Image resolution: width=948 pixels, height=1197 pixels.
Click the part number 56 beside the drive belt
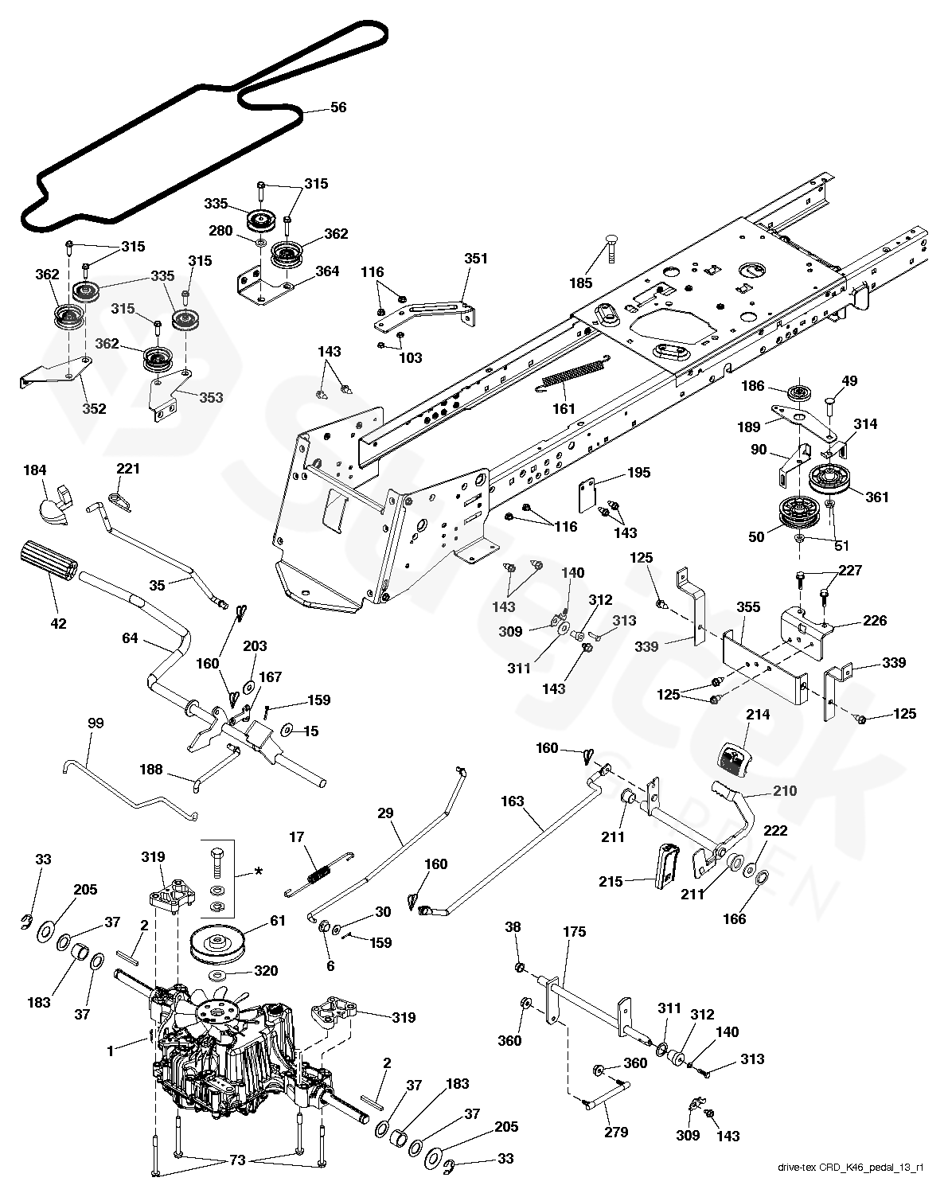click(338, 107)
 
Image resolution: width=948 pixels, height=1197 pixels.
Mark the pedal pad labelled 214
click(734, 756)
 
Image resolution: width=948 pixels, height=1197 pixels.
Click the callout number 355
click(747, 606)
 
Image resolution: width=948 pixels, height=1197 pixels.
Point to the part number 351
click(476, 259)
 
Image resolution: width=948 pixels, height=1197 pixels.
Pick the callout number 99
click(96, 723)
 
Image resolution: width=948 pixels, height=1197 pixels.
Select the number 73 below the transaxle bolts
click(237, 1161)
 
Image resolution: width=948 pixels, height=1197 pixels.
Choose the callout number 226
click(875, 621)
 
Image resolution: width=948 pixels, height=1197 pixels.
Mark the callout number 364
click(327, 271)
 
